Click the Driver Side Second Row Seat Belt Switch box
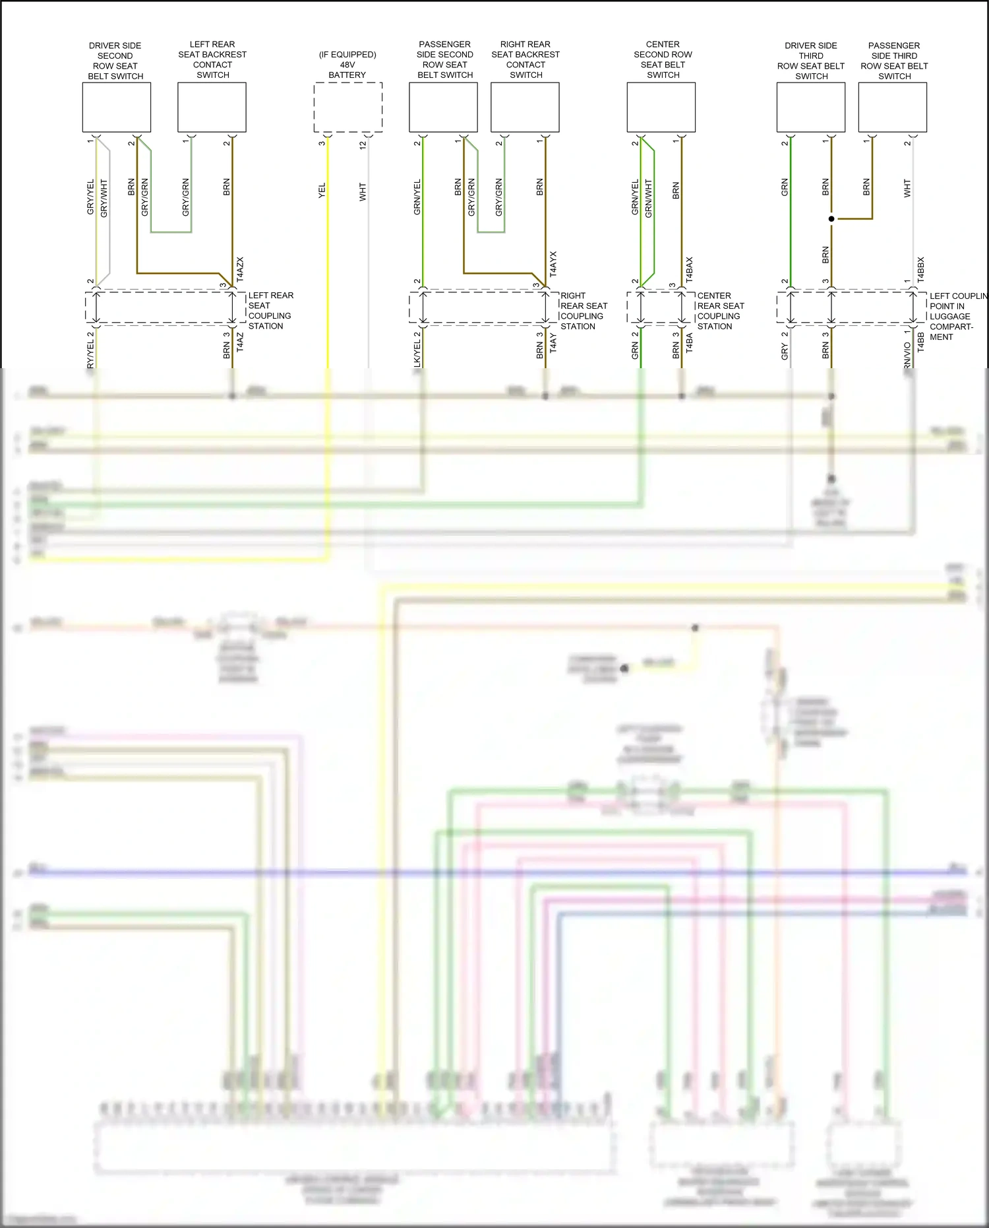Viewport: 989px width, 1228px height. pyautogui.click(x=116, y=107)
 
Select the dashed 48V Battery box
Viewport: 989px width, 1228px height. pyautogui.click(x=347, y=107)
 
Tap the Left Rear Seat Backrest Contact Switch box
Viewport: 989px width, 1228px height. pyautogui.click(x=212, y=107)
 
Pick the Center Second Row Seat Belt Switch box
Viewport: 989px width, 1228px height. pyautogui.click(x=661, y=107)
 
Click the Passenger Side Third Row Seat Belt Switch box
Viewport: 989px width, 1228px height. pyautogui.click(x=892, y=107)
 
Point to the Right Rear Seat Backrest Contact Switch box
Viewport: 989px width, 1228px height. pyautogui.click(x=525, y=107)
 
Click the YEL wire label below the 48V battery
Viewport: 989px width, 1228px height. pyautogui.click(x=322, y=191)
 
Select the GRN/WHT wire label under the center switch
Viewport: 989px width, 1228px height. pyautogui.click(x=649, y=198)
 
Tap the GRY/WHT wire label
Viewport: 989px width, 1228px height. pyautogui.click(x=104, y=198)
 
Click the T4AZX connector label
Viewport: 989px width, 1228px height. pyautogui.click(x=240, y=270)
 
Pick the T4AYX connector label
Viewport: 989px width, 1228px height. pyautogui.click(x=553, y=263)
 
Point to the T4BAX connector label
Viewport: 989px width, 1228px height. pyautogui.click(x=689, y=270)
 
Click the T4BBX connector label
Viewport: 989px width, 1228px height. pyautogui.click(x=920, y=270)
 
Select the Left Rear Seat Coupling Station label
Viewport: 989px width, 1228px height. pyautogui.click(x=270, y=311)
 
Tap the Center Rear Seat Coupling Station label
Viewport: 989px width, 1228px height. pyautogui.click(x=720, y=311)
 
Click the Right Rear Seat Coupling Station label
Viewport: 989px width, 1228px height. pyautogui.click(x=584, y=311)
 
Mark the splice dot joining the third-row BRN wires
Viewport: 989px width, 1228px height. pyautogui.click(x=831, y=218)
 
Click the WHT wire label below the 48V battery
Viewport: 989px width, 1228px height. pyautogui.click(x=363, y=192)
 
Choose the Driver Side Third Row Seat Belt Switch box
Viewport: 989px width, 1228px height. pyautogui.click(x=810, y=107)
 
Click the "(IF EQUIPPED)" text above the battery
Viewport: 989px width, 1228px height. pyautogui.click(x=347, y=55)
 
